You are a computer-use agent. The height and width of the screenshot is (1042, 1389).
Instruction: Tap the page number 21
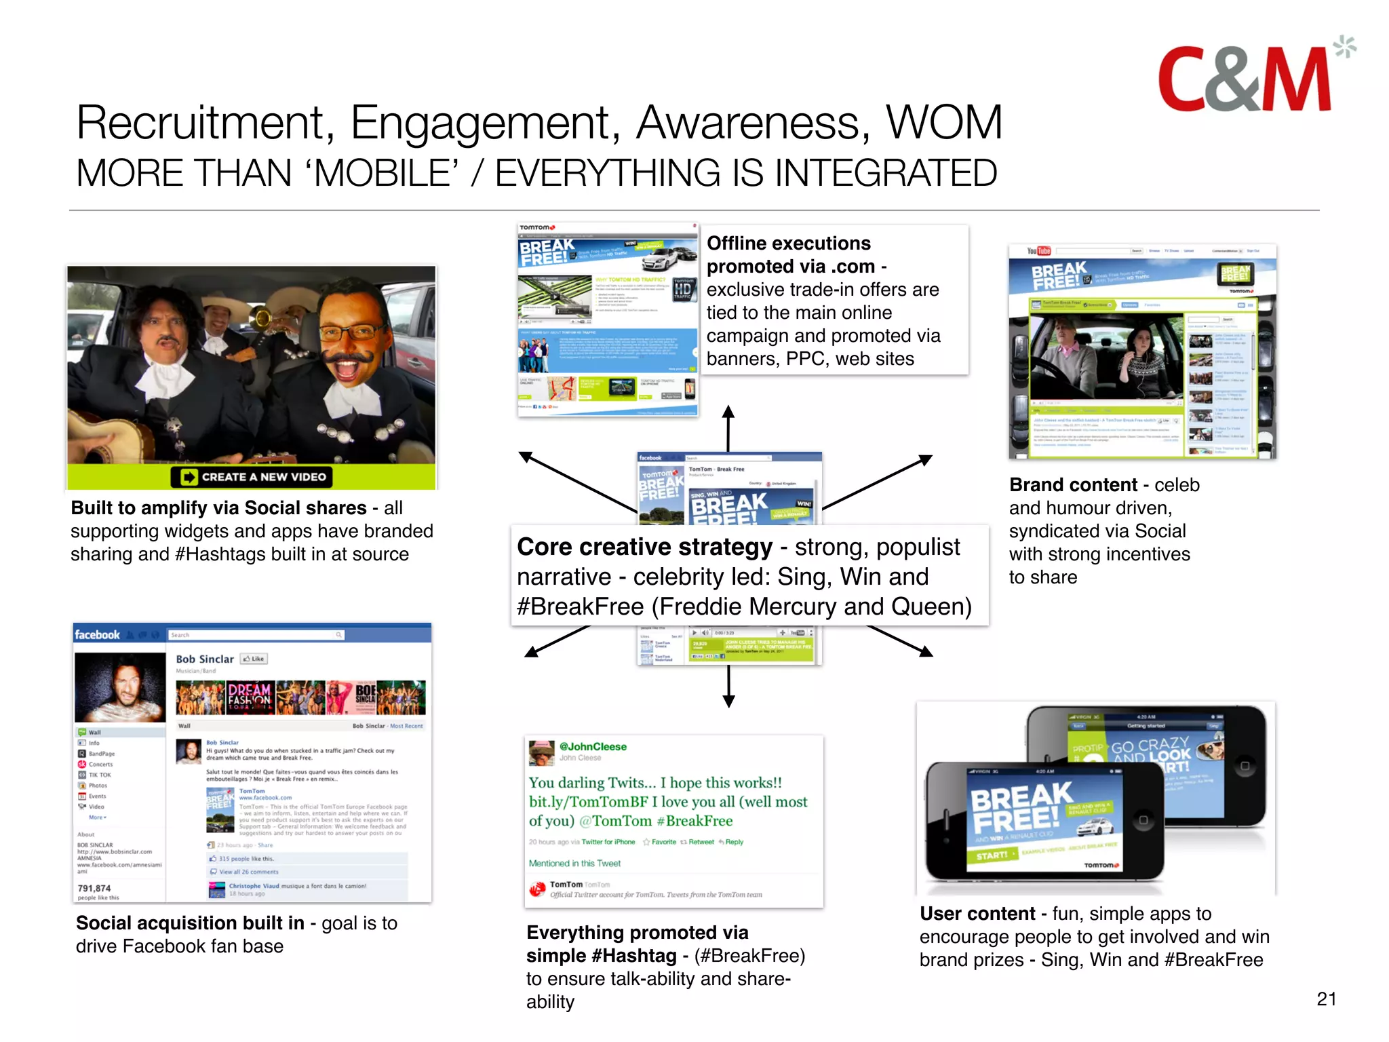point(1326,999)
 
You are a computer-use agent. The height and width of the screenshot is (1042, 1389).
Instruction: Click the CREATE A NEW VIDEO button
point(252,477)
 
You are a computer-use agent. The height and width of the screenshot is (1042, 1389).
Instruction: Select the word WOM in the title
point(944,123)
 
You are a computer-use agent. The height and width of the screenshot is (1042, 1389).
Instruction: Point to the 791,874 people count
point(94,888)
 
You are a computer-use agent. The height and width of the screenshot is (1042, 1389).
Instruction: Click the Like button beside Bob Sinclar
point(254,659)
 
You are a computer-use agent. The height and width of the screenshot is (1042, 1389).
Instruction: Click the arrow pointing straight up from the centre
point(728,427)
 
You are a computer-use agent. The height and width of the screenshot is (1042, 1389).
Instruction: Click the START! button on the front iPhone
point(993,855)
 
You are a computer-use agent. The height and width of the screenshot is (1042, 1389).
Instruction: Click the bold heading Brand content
point(1073,485)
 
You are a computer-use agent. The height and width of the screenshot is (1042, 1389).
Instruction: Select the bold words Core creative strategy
point(644,547)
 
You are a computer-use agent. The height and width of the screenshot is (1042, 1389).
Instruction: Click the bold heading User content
point(977,914)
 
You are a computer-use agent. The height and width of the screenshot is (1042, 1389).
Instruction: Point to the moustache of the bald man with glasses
point(353,359)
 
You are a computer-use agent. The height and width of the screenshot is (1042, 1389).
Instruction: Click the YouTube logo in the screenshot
point(1038,251)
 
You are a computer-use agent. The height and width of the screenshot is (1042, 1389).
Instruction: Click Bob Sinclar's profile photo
point(120,687)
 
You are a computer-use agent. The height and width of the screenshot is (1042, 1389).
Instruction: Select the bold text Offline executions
point(788,244)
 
